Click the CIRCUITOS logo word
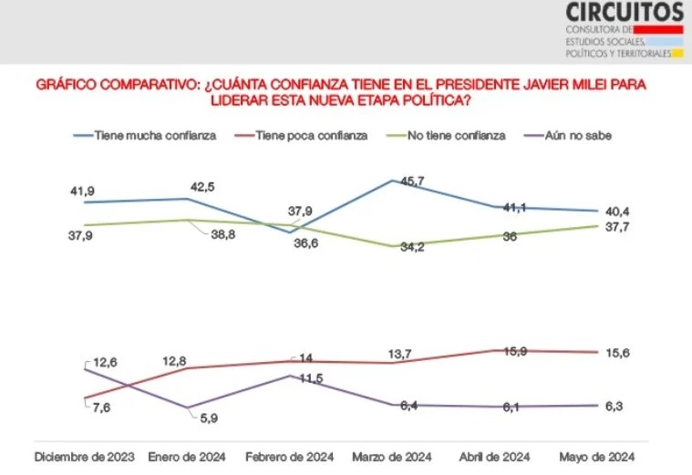tap(624, 13)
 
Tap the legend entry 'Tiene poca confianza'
tap(309, 135)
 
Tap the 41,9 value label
tap(83, 191)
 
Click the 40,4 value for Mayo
tap(610, 212)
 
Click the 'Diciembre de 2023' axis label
tap(84, 456)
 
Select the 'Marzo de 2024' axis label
tap(392, 456)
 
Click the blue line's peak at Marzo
tap(392, 181)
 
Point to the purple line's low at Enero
tap(187, 408)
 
